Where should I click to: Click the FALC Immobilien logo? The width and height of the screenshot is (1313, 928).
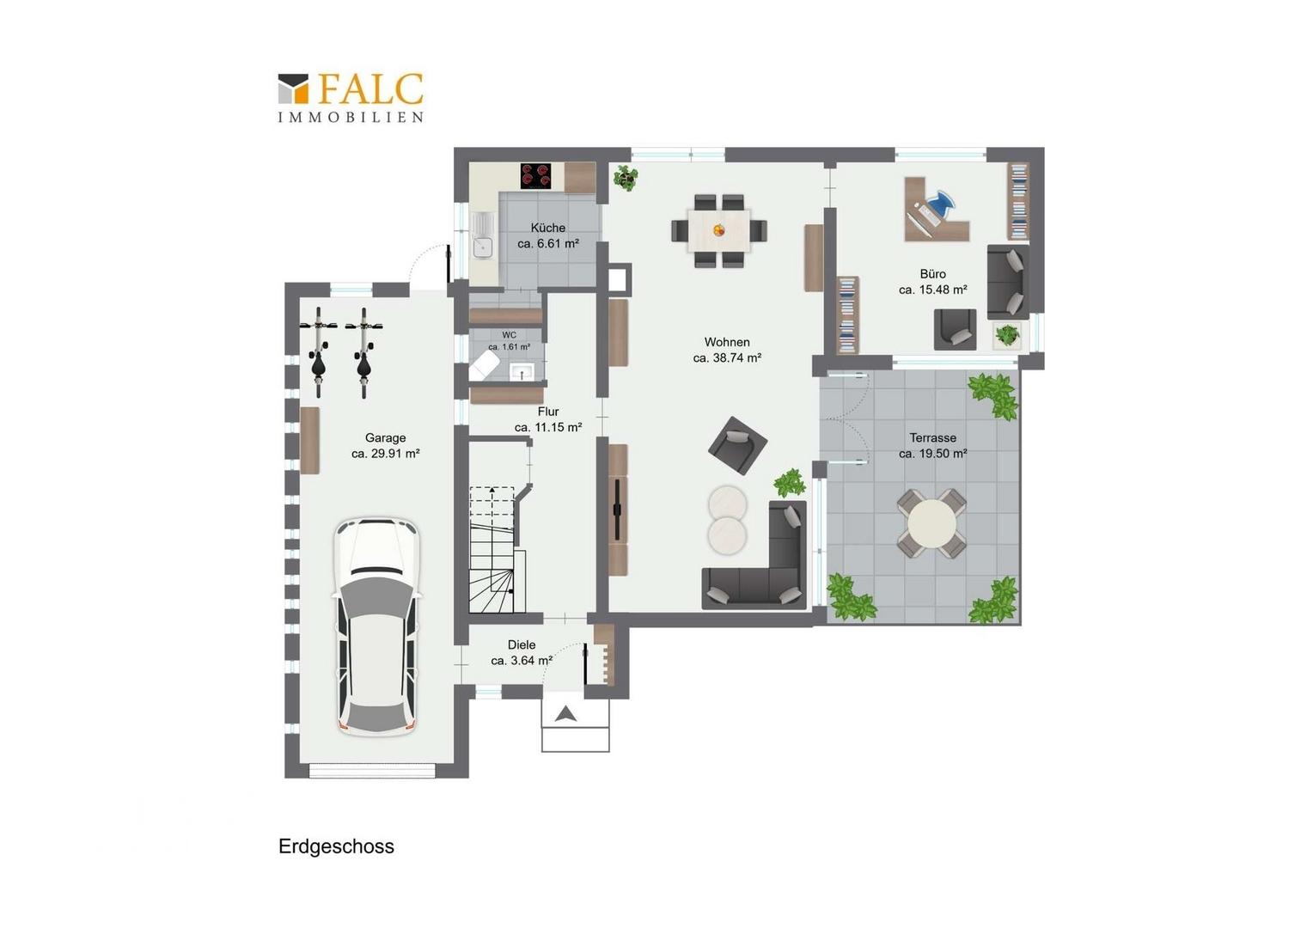[x=351, y=98]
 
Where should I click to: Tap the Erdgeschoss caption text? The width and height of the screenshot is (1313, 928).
[x=337, y=846]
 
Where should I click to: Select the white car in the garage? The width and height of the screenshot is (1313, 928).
[x=377, y=627]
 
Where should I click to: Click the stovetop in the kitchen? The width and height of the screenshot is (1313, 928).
[x=536, y=176]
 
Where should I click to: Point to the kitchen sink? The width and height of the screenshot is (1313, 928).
[x=483, y=235]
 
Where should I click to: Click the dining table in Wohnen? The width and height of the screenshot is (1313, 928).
[x=719, y=231]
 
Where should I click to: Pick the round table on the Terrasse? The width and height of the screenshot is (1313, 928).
[x=931, y=523]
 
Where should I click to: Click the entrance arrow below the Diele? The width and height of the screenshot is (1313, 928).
[x=565, y=713]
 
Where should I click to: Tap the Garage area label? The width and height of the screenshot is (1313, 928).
[x=385, y=446]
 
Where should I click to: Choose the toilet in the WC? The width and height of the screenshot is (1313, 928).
[x=484, y=367]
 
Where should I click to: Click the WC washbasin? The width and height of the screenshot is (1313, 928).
[x=521, y=371]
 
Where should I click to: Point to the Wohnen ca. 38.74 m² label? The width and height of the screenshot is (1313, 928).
[x=727, y=350]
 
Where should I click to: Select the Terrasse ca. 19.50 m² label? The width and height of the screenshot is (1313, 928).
[x=932, y=446]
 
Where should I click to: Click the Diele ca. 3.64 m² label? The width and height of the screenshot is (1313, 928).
[x=522, y=652]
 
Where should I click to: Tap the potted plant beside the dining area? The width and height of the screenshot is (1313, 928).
[x=626, y=176]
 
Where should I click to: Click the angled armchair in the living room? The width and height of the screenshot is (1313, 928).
[x=737, y=446]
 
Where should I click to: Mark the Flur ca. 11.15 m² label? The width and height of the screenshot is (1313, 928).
[x=548, y=419]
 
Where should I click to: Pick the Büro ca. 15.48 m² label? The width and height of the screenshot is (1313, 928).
[x=932, y=282]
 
